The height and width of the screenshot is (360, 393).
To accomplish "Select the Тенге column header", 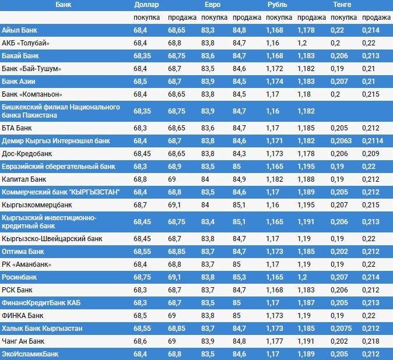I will (x=342, y=5).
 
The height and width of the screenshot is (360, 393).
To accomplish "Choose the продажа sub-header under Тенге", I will (x=372, y=18).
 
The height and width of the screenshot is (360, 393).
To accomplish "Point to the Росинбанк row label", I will (x=19, y=277).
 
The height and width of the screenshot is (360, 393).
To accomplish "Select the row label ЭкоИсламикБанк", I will (x=30, y=354).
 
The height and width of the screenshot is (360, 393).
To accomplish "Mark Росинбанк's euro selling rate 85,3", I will (x=239, y=277).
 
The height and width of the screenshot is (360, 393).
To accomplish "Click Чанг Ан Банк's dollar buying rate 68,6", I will (x=140, y=341).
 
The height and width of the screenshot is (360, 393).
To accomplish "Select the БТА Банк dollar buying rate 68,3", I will (x=140, y=128).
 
